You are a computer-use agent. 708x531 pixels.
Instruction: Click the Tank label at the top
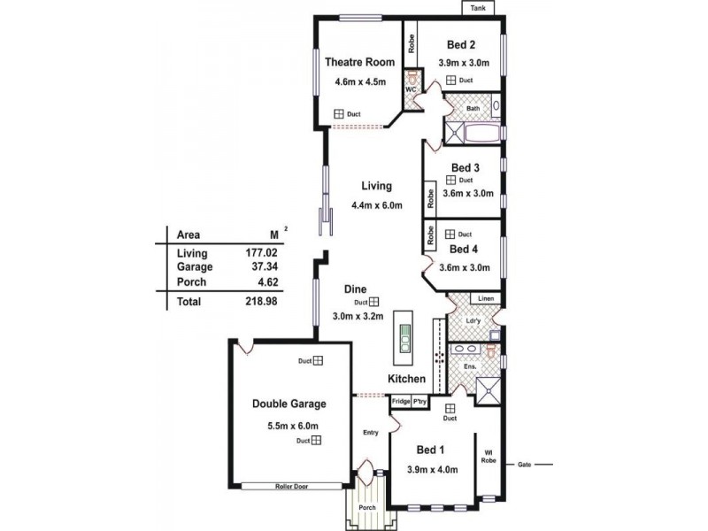(479, 8)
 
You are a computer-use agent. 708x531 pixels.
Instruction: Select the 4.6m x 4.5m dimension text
(356, 82)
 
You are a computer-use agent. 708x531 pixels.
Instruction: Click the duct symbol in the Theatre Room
(338, 114)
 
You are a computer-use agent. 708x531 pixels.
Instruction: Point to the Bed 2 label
(461, 45)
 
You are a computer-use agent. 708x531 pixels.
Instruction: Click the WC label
(411, 90)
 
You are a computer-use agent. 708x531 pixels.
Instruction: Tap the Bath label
(473, 109)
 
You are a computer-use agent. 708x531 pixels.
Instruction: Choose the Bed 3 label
(465, 167)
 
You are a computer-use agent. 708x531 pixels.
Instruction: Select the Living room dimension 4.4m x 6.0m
(376, 206)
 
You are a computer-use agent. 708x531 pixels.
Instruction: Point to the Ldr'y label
(473, 319)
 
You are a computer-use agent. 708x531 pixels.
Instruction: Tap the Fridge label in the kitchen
(401, 401)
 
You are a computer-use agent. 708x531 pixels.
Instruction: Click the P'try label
(419, 401)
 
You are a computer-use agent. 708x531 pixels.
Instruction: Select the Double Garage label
(289, 404)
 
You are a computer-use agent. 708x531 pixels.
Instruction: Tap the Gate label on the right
(524, 464)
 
